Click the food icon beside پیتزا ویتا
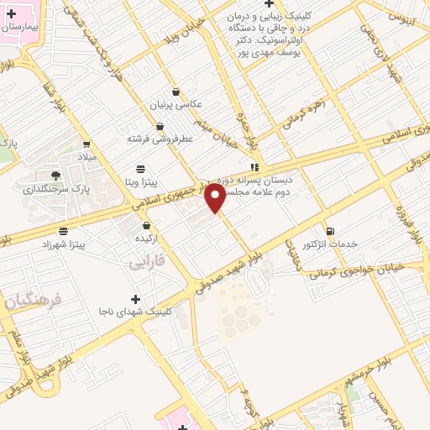coord(140,169)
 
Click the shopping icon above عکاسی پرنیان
coord(176,92)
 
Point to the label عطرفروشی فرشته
coord(160,137)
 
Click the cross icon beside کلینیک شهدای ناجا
coord(135,299)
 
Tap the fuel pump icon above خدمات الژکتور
coord(330,231)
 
